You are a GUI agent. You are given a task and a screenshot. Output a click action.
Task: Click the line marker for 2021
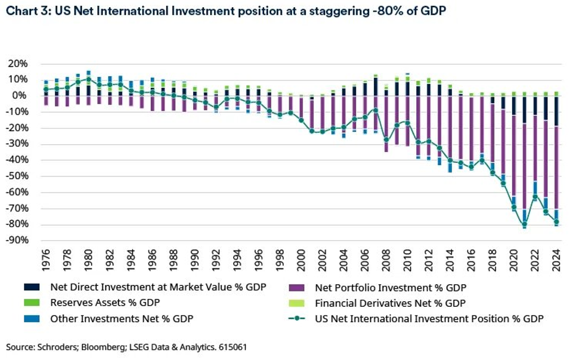point(525,225)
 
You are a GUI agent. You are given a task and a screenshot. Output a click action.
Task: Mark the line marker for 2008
point(386,140)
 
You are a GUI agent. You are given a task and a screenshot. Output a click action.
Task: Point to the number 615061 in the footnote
point(233,346)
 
